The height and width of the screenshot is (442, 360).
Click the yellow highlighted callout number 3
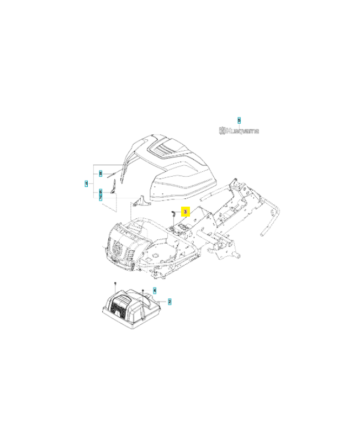(186, 211)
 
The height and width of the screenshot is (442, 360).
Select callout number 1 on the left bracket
(86, 183)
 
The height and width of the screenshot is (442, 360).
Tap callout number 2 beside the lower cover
(170, 302)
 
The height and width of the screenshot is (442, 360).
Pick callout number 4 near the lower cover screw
(155, 290)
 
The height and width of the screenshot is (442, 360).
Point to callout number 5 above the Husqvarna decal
(239, 120)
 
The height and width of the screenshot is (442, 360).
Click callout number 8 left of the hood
(100, 173)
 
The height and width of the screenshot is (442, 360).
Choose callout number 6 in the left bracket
(100, 192)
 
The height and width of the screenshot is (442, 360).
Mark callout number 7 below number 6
(100, 197)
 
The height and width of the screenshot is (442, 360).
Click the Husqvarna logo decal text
(239, 131)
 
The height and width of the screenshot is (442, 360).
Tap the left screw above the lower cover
(114, 284)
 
